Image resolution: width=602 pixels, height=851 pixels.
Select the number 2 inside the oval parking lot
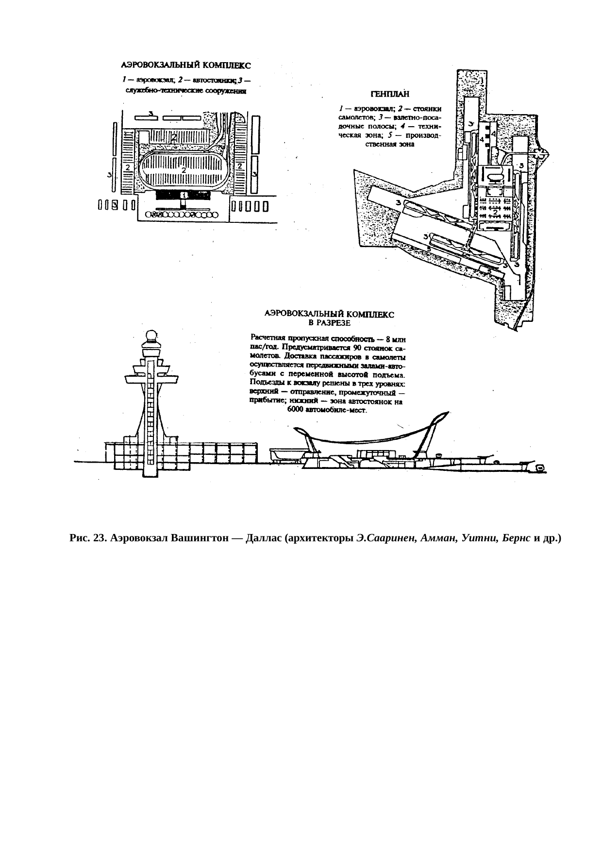pyautogui.click(x=184, y=170)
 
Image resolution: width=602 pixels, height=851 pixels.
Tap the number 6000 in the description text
pyautogui.click(x=295, y=410)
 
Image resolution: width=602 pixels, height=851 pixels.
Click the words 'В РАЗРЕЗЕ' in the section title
pyautogui.click(x=330, y=321)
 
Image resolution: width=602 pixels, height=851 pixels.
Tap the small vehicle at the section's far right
pyautogui.click(x=539, y=467)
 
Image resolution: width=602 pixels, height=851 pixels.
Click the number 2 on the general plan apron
pyautogui.click(x=494, y=212)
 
